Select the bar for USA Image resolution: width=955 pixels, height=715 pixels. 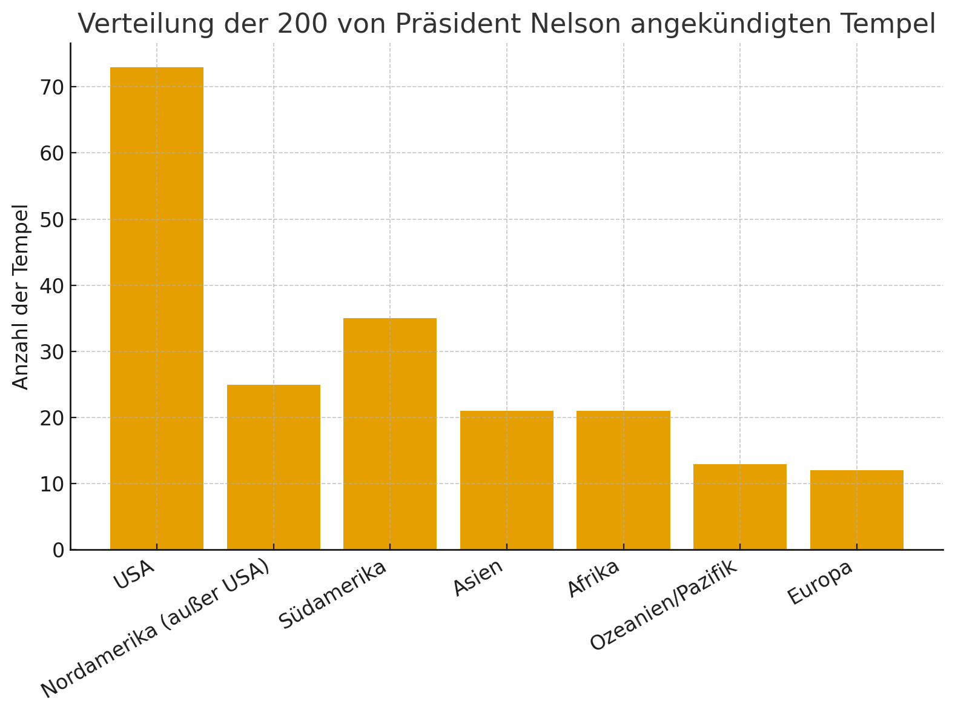(157, 308)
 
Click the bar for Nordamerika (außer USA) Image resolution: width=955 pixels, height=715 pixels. (274, 467)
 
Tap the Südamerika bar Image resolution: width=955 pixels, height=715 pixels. (390, 434)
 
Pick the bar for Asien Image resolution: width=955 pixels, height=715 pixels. (507, 481)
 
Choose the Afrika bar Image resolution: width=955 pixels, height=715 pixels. (623, 481)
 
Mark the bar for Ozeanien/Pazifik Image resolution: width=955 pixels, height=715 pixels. (740, 507)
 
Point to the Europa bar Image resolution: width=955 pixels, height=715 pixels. (856, 510)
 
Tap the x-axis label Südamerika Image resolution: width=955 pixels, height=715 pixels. (332, 595)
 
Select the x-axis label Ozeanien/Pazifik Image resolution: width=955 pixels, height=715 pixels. (664, 605)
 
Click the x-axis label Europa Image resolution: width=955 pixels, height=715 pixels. (820, 582)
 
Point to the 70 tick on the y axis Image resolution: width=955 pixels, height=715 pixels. (51, 87)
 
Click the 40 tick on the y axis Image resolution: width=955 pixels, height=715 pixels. (51, 285)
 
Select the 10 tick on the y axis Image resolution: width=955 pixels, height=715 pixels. (51, 484)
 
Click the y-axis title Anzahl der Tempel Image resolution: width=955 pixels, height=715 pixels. (21, 297)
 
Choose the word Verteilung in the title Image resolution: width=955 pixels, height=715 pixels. (145, 24)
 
